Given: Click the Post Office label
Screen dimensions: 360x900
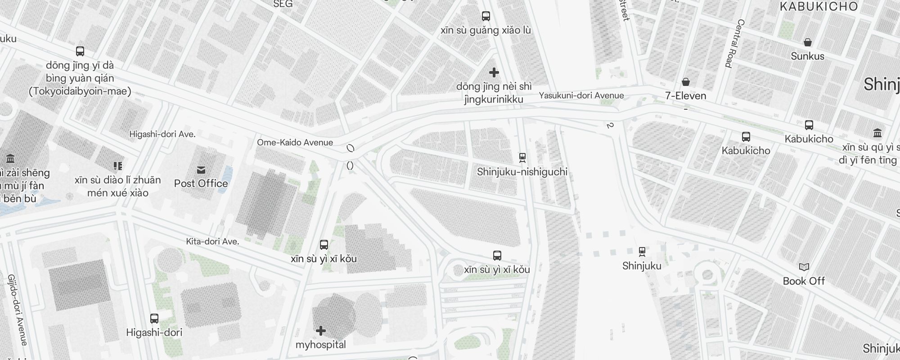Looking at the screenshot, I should pos(201,184).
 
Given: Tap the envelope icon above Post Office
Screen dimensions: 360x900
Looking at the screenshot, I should pos(201,170).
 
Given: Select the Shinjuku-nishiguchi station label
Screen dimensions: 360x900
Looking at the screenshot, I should pos(522,172).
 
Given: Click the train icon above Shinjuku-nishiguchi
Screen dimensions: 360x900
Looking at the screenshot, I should pos(522,157).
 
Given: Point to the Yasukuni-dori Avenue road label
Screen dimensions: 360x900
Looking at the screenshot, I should pos(581,95).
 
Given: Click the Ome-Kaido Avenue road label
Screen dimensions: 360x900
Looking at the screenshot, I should pos(295,143).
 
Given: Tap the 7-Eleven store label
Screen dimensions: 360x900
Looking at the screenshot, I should pos(686,96).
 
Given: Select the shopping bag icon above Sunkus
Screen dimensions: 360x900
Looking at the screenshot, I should pos(808,42).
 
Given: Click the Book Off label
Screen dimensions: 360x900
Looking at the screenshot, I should pos(804,281).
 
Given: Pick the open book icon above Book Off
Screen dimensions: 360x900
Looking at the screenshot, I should pos(804,267).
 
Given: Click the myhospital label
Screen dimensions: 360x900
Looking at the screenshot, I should pos(320,345).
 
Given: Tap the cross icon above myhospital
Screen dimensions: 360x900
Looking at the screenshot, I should pos(321,331).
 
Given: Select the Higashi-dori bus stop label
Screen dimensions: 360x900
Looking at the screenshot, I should pos(154,333).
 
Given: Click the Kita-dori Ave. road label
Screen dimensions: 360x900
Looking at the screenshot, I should pos(212,242).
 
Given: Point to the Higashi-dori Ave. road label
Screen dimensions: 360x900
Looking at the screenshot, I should pos(162,134).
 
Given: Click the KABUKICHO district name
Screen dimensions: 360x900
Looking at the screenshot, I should pos(819,6).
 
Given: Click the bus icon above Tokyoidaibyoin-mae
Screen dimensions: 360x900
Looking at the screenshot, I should pos(80,51).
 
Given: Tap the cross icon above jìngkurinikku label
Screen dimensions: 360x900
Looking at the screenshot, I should pos(494,72).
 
